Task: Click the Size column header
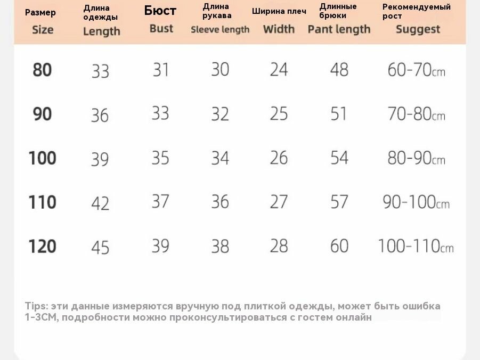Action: tap(43, 30)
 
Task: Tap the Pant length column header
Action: tap(339, 29)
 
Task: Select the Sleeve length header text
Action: tap(220, 29)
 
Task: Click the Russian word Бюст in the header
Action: tap(160, 11)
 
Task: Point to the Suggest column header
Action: tap(418, 29)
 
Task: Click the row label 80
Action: tap(42, 70)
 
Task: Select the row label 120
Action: tap(42, 246)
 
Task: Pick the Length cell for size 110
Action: tap(100, 203)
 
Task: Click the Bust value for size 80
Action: tap(161, 70)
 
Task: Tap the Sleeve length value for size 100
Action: tap(220, 158)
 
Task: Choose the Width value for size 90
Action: tap(279, 114)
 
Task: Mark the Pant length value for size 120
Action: tap(339, 246)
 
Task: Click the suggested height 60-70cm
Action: tap(416, 70)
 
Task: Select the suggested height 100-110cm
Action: tap(416, 246)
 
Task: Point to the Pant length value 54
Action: tap(339, 158)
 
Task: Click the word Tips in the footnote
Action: tap(36, 306)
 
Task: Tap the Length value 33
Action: tap(100, 71)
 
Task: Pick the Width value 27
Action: tap(279, 202)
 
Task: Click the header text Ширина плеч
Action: tap(279, 11)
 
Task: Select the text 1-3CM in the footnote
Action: tap(41, 317)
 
